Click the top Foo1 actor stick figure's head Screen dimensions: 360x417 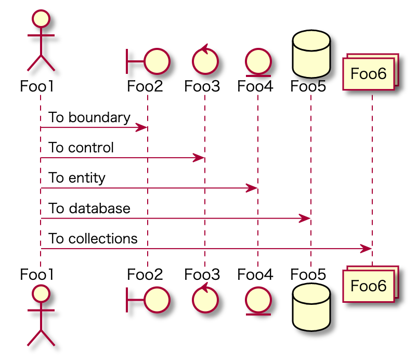pos(41,19)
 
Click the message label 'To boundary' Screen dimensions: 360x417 pos(89,118)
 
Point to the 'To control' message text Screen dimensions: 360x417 pos(81,148)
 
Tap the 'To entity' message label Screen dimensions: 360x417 pos(77,178)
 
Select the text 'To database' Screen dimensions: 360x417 pos(89,209)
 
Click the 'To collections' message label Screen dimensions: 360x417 pos(93,239)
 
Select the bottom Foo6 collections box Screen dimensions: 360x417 pos(370,285)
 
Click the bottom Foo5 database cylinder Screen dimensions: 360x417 pos(311,308)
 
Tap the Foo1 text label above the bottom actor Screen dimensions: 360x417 pos(37,274)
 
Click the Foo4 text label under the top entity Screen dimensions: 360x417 pos(255,86)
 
